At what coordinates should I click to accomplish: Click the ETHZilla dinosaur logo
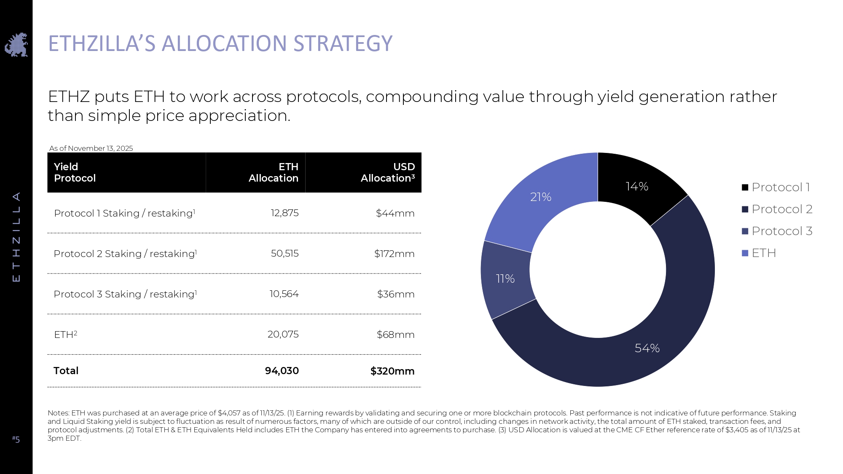pyautogui.click(x=16, y=45)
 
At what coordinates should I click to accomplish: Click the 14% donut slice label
pyautogui.click(x=637, y=186)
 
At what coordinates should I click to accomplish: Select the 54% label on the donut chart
pyautogui.click(x=647, y=348)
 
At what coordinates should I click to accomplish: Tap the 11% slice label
pyautogui.click(x=505, y=279)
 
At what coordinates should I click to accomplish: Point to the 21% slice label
pyautogui.click(x=540, y=197)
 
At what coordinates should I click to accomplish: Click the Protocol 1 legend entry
pyautogui.click(x=776, y=187)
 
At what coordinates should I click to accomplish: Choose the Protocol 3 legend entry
pyautogui.click(x=777, y=231)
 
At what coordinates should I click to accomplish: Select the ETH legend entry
pyautogui.click(x=759, y=253)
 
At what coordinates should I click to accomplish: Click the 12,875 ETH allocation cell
pyautogui.click(x=285, y=213)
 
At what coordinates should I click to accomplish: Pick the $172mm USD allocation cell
pyautogui.click(x=394, y=254)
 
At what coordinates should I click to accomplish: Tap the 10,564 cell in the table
pyautogui.click(x=284, y=294)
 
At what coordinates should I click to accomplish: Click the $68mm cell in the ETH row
pyautogui.click(x=395, y=335)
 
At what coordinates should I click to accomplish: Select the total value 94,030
pyautogui.click(x=282, y=371)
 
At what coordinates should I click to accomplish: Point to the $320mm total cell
pyautogui.click(x=392, y=371)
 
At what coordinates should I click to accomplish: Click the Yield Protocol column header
pyautogui.click(x=75, y=172)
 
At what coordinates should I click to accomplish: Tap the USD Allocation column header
pyautogui.click(x=387, y=172)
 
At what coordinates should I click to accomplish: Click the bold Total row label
pyautogui.click(x=66, y=371)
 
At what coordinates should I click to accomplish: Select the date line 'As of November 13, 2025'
pyautogui.click(x=91, y=148)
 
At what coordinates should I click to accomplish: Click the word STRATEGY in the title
pyautogui.click(x=343, y=43)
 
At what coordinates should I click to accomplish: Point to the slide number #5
pyautogui.click(x=16, y=439)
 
